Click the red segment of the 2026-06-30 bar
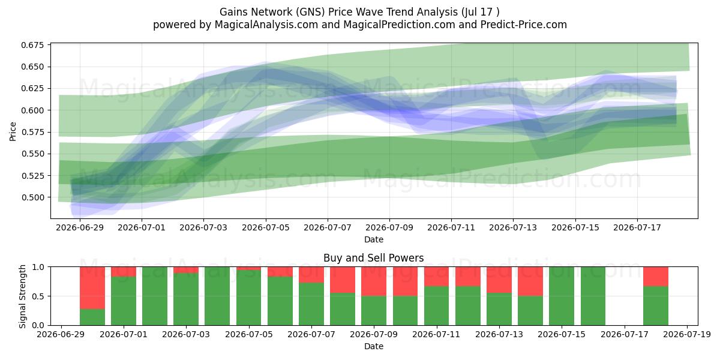92,288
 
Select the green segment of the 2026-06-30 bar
92,317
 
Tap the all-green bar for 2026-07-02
155,296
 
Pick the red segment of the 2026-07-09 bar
373,281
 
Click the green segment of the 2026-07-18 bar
656,305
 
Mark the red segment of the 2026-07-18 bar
656,277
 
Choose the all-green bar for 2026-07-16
593,296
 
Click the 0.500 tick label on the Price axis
32,197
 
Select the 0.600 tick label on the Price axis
32,110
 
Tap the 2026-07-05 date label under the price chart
265,227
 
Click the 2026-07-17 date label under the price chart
637,227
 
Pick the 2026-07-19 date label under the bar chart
687,334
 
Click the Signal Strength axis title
22,296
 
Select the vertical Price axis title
13,131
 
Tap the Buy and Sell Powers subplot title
373,258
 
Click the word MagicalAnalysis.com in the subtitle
266,25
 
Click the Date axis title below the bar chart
373,346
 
